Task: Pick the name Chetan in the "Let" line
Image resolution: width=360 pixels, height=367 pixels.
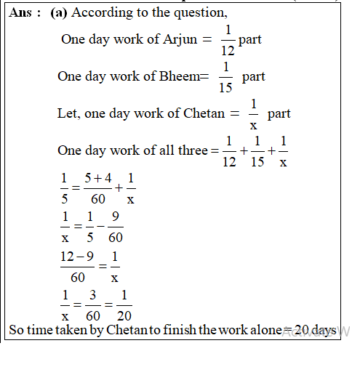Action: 201,114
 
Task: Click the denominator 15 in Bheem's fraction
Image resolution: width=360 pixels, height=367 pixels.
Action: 227,89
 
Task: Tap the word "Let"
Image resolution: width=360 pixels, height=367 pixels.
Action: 68,114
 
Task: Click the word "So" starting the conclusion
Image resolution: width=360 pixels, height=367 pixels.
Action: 16,331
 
